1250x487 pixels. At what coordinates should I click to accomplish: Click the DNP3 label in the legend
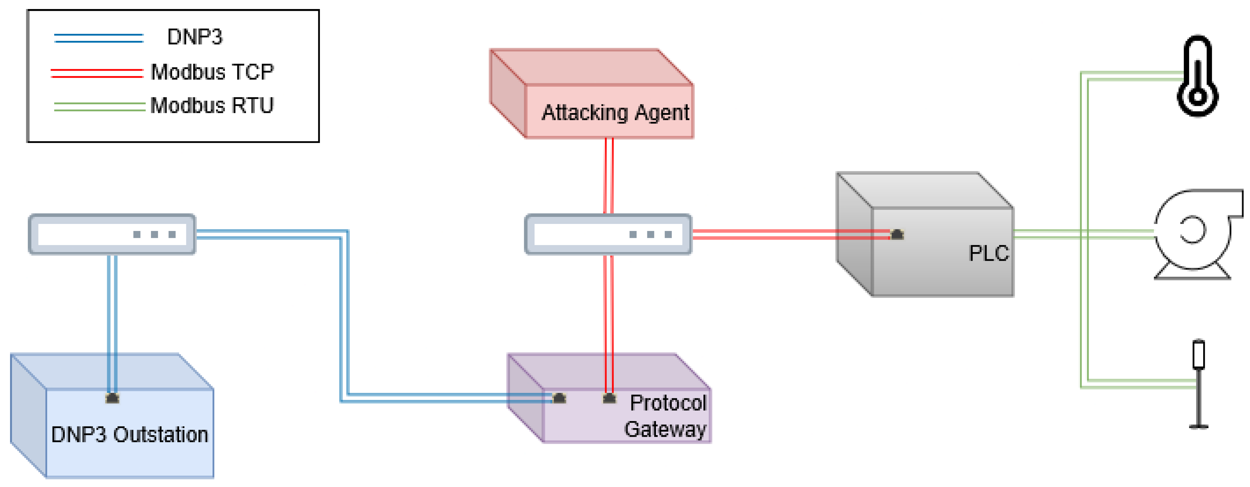[x=194, y=37]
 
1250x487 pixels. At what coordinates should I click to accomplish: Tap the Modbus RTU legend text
[x=212, y=105]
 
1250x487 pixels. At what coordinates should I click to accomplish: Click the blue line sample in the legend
[x=98, y=38]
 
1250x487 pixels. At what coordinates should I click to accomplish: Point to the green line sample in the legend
[x=99, y=107]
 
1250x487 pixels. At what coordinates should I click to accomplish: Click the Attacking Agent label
[x=615, y=112]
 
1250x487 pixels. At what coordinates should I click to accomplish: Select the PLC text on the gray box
[x=988, y=253]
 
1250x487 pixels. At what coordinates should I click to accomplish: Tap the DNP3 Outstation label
[x=130, y=434]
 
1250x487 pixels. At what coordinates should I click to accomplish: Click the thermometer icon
[x=1197, y=76]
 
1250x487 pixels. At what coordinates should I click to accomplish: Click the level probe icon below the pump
[x=1198, y=383]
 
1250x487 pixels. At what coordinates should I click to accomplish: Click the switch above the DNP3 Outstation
[x=112, y=234]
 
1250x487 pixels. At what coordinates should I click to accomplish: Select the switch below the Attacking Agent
[x=608, y=234]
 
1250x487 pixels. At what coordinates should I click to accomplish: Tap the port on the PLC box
[x=897, y=235]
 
